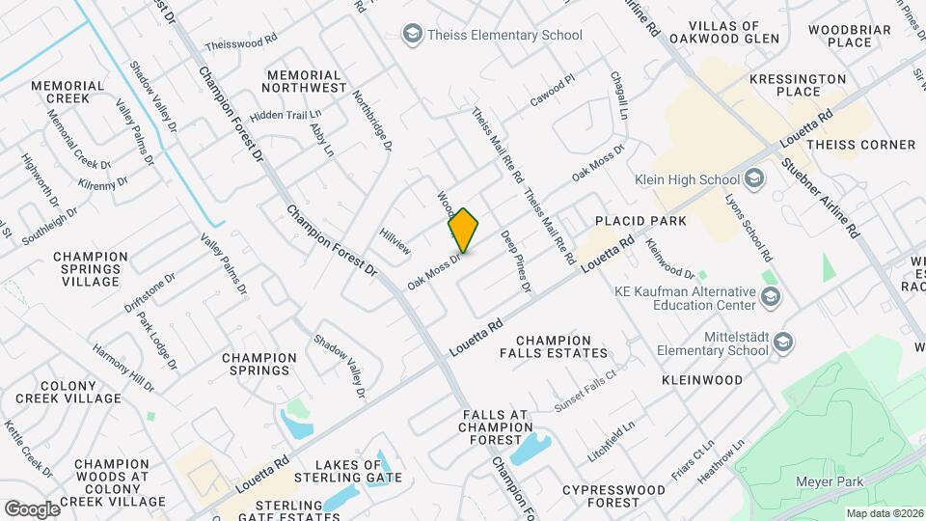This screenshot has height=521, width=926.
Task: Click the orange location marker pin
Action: coord(463,231)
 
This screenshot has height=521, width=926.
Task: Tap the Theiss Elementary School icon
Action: coord(414,35)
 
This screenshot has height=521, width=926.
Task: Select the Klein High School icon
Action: coord(754,178)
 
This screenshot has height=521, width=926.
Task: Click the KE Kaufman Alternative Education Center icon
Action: coord(771,297)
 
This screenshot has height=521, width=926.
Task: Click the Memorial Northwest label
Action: coord(305,81)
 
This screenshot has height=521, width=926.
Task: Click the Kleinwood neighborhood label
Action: coord(702,380)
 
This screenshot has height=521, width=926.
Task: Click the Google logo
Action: coord(31,508)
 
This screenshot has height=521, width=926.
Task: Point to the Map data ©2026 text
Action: coord(883,513)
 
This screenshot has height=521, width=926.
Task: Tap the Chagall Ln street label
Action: coord(618,96)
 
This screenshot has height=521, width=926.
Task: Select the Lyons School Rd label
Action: coord(749,229)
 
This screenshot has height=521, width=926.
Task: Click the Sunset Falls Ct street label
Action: coord(585,392)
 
